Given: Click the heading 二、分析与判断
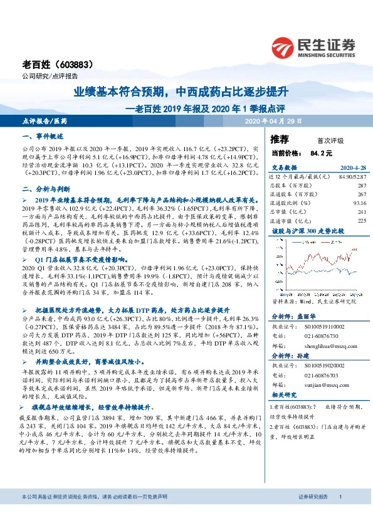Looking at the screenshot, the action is pos(47,188).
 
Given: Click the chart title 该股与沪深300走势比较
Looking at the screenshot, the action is pos(302,231).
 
